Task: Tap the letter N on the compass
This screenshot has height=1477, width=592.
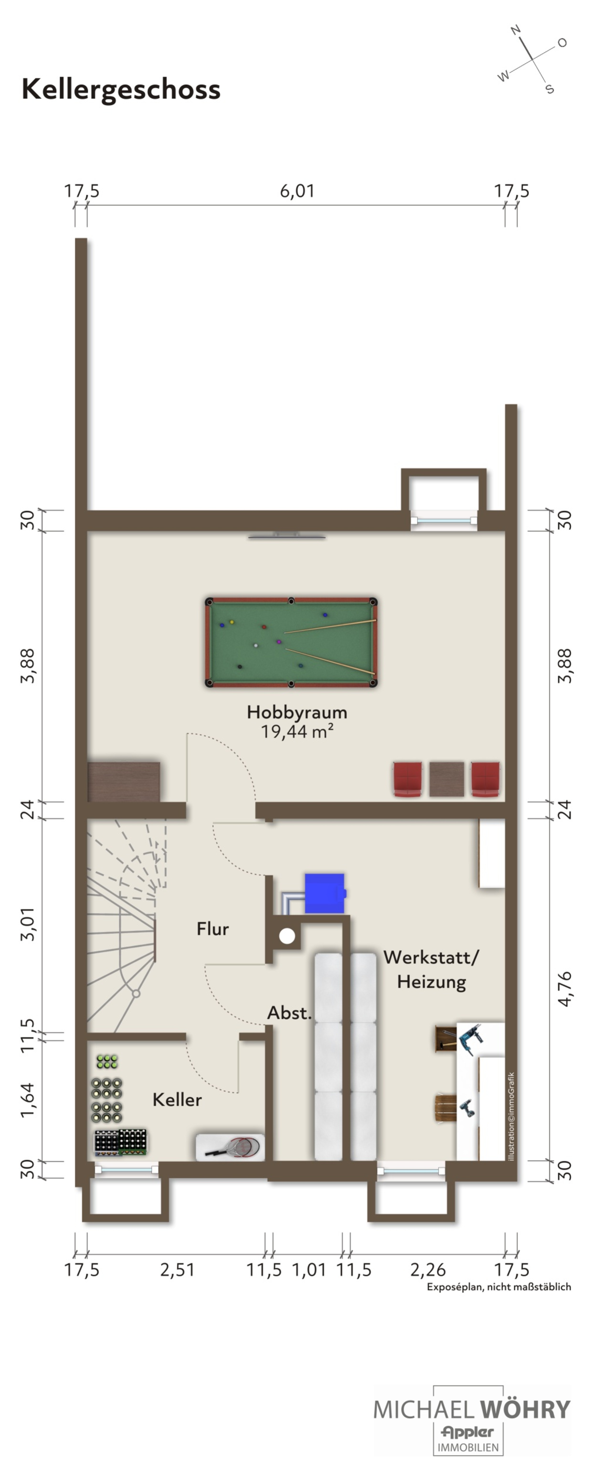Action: tap(516, 30)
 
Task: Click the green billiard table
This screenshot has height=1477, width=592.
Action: tap(291, 642)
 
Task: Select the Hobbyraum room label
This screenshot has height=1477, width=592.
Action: tap(297, 712)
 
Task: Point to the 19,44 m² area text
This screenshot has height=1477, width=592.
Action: tap(297, 731)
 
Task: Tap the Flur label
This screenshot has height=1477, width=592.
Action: tap(213, 928)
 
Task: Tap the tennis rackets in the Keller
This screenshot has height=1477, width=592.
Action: tap(232, 1147)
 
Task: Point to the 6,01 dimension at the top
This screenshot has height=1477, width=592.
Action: tap(297, 191)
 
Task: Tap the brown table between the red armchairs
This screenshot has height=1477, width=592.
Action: tap(446, 779)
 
